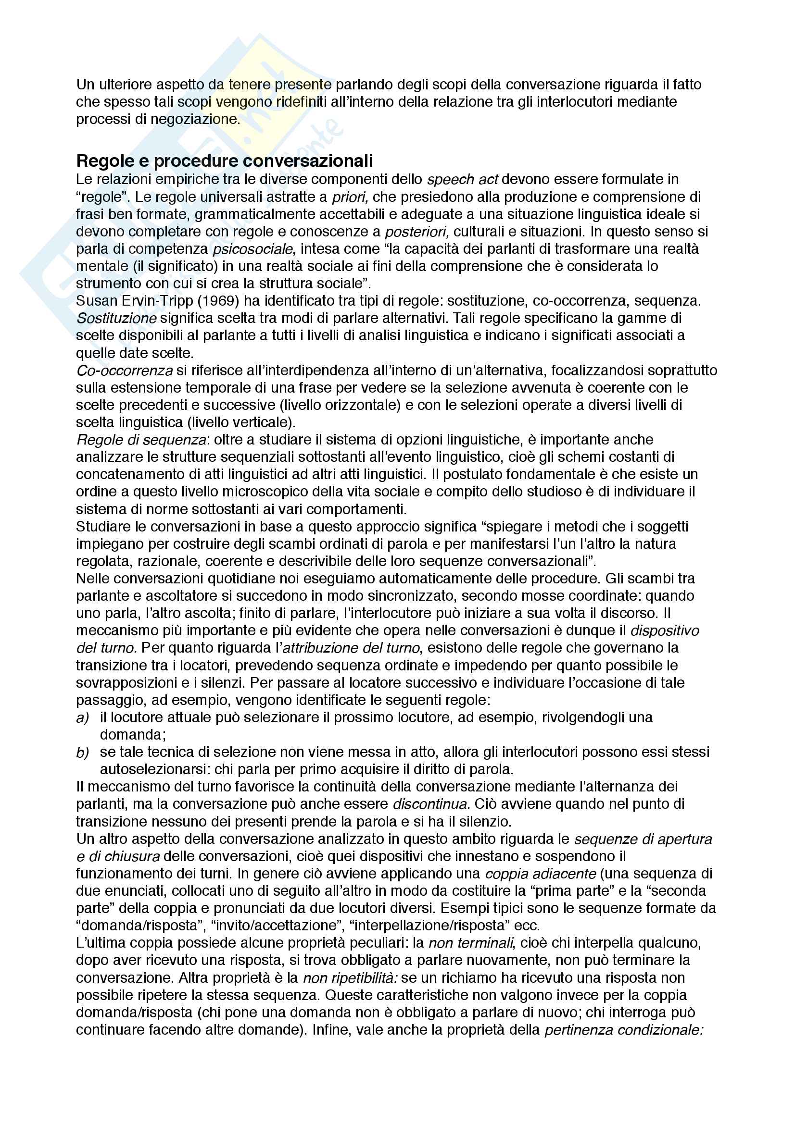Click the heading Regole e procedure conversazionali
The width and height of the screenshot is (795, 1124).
click(224, 161)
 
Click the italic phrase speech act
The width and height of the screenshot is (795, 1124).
click(462, 180)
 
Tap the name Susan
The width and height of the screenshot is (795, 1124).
click(97, 300)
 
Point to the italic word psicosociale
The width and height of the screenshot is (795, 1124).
click(253, 249)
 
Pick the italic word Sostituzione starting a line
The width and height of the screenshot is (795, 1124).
click(116, 318)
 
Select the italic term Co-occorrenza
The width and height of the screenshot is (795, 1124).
click(125, 371)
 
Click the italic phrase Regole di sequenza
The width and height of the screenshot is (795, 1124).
click(141, 440)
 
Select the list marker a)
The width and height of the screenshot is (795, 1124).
click(82, 717)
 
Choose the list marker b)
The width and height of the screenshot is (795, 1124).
click(82, 753)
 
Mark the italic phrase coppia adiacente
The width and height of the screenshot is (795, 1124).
click(540, 874)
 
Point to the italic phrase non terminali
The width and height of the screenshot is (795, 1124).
click(470, 943)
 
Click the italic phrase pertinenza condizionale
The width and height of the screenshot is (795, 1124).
click(623, 1030)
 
